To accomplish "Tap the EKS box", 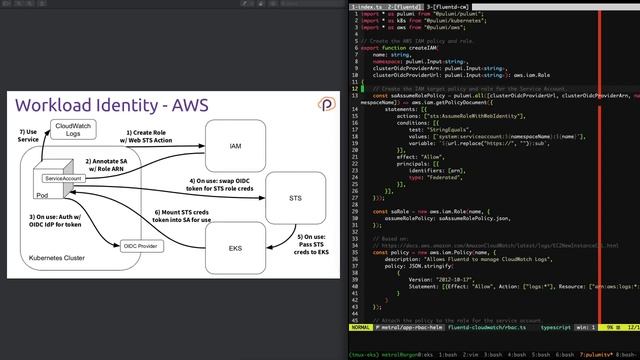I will (x=235, y=247).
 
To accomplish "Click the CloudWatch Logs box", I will (x=73, y=131).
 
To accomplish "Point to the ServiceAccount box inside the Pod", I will (x=63, y=177).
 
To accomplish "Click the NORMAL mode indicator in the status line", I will (x=362, y=326).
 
